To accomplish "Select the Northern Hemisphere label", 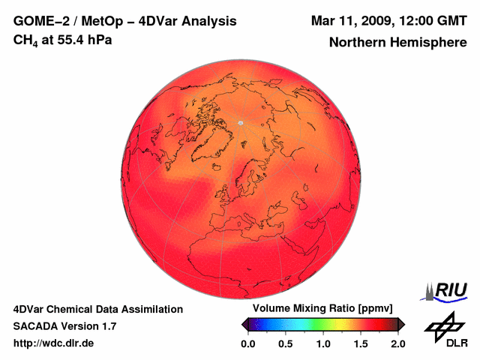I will [x=397, y=43].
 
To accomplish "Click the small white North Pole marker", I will [x=241, y=122].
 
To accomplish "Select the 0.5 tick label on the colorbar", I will [x=285, y=343].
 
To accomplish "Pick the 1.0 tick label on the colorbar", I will [x=323, y=343].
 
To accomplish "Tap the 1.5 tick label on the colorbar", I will [x=361, y=343].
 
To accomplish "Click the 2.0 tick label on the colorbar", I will [x=397, y=343].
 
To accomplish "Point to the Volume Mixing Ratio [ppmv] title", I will [x=322, y=309].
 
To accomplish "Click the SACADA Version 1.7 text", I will [x=64, y=326].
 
